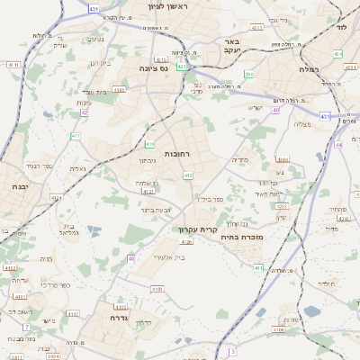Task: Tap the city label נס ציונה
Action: point(156,67)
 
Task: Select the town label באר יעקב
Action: point(232,45)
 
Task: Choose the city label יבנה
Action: point(19,185)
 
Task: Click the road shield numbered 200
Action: point(249,75)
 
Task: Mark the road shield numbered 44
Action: point(338,144)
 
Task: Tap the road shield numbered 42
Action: point(85,112)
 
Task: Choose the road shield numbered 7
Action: point(27,326)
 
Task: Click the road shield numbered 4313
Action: point(257,27)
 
